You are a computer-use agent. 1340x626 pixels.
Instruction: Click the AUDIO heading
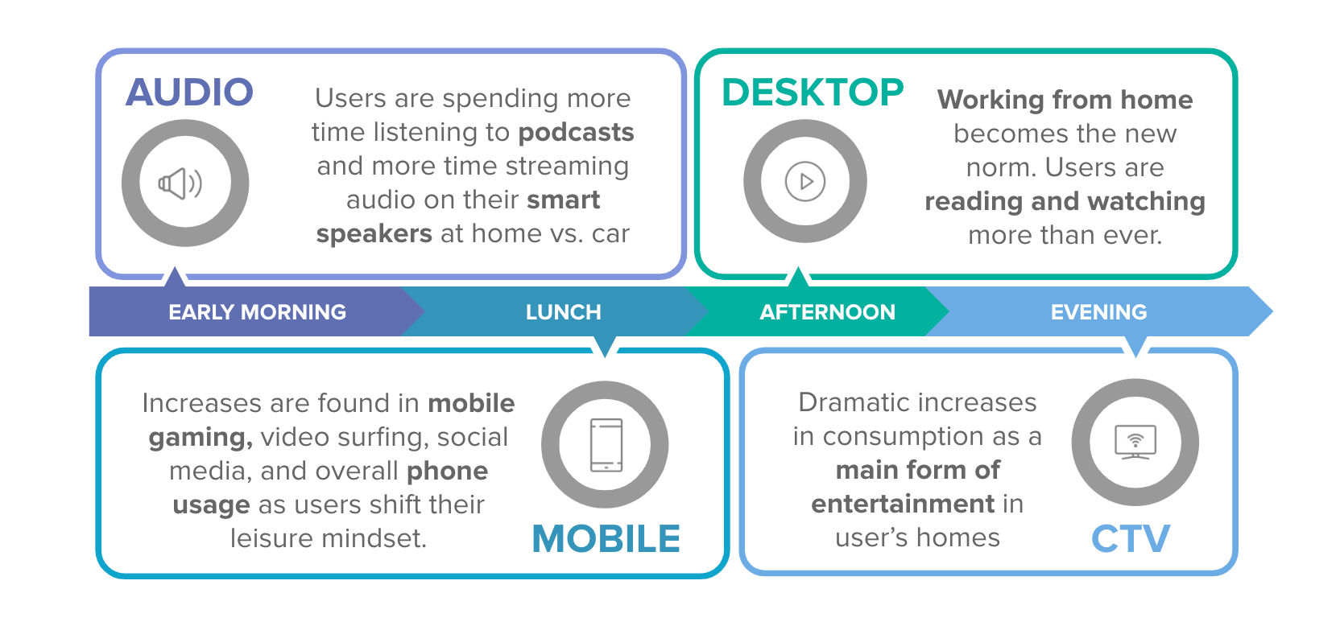tap(189, 93)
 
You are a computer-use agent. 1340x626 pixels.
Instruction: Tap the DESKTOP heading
tap(812, 93)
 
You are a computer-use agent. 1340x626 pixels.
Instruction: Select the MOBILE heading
tap(606, 538)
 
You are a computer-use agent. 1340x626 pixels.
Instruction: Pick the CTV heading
tap(1130, 538)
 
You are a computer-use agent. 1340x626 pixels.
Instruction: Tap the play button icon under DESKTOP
tap(804, 181)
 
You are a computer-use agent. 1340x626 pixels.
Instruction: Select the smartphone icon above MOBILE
tap(606, 444)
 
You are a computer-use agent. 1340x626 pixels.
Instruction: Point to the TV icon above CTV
tap(1135, 442)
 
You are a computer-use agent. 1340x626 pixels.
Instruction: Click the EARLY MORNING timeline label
tap(257, 312)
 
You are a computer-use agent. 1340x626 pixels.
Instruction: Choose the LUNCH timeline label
tap(563, 312)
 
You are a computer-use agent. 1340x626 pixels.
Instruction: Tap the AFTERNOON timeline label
tap(827, 312)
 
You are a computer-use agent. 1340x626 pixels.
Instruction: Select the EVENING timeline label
tap(1098, 312)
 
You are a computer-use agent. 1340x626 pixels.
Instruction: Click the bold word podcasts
tap(576, 132)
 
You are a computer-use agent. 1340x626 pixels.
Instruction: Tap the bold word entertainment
tap(903, 504)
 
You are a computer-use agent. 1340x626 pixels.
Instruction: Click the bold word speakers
tap(374, 234)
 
